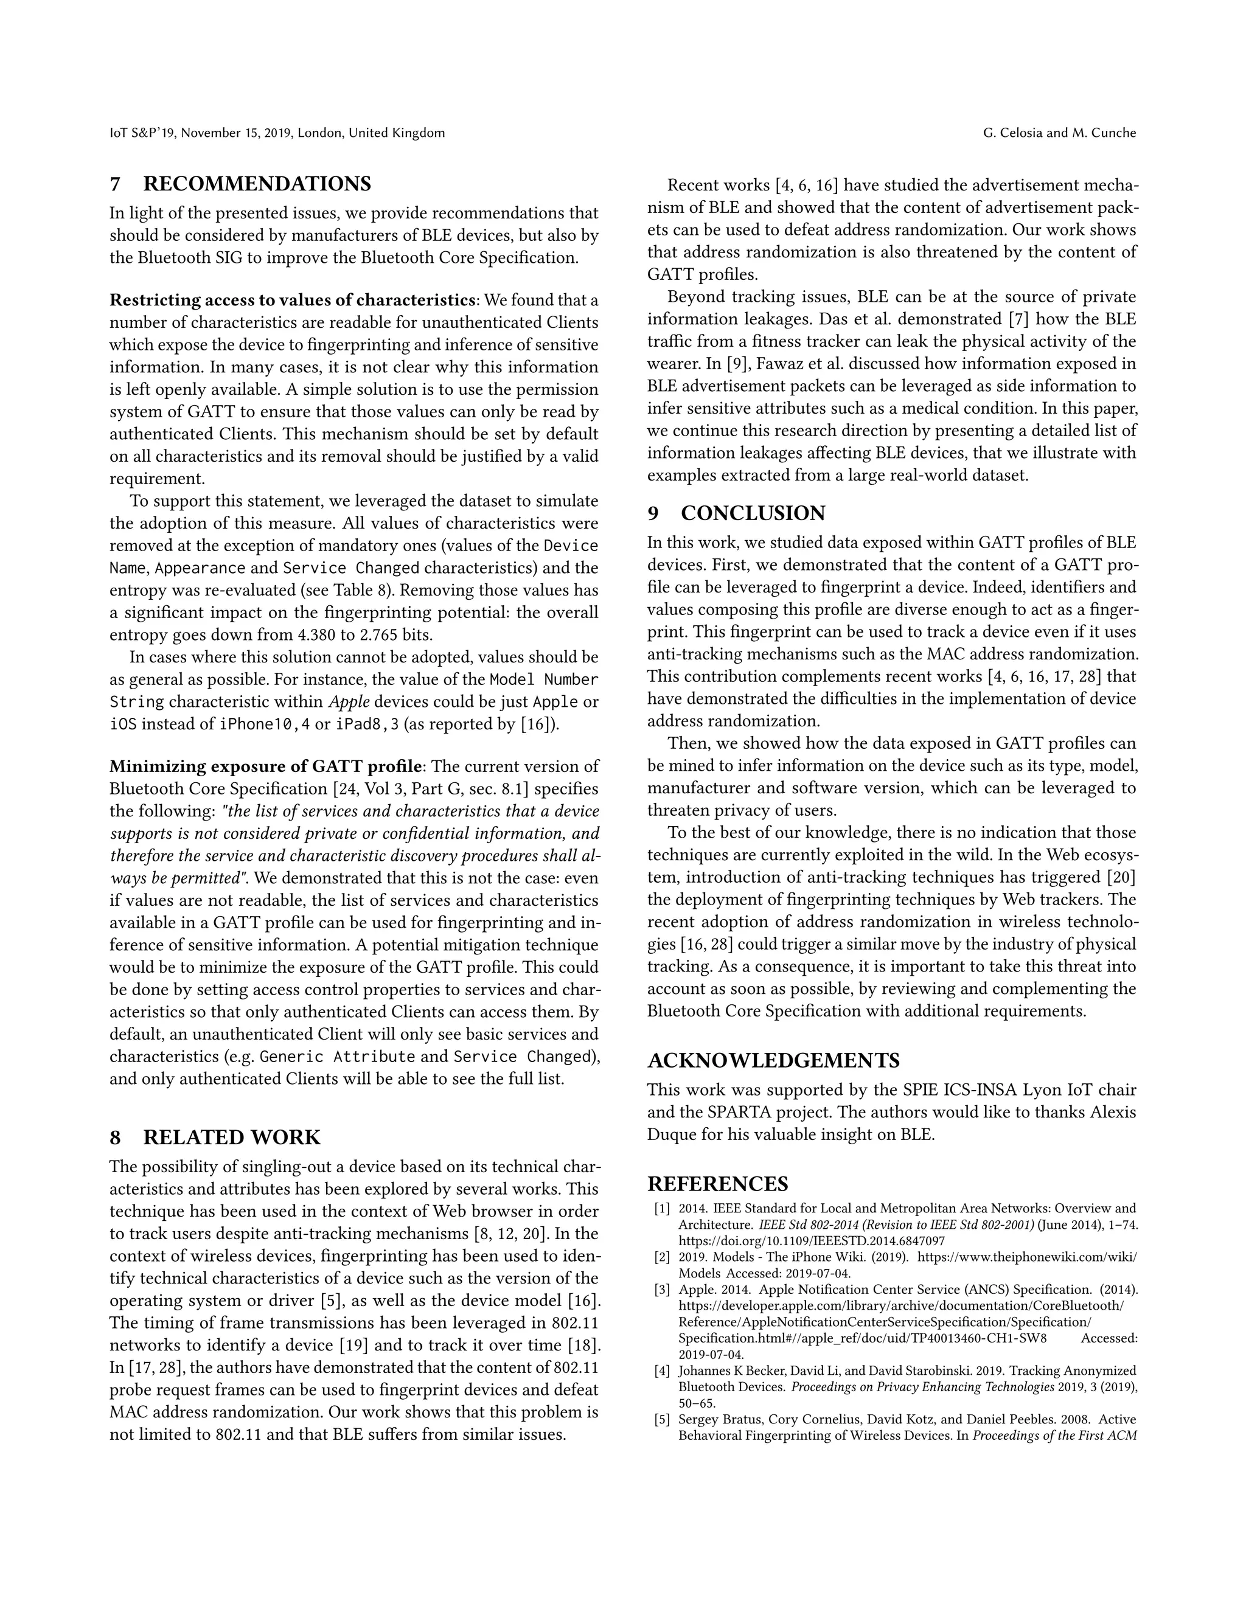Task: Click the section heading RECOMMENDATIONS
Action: [x=256, y=184]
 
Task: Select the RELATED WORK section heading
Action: [x=231, y=1138]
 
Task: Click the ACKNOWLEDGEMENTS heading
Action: [x=773, y=1061]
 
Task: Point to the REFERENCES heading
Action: [x=717, y=1184]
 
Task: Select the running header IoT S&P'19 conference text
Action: [x=277, y=133]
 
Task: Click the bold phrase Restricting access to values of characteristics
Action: [x=292, y=301]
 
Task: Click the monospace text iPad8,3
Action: [x=367, y=724]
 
